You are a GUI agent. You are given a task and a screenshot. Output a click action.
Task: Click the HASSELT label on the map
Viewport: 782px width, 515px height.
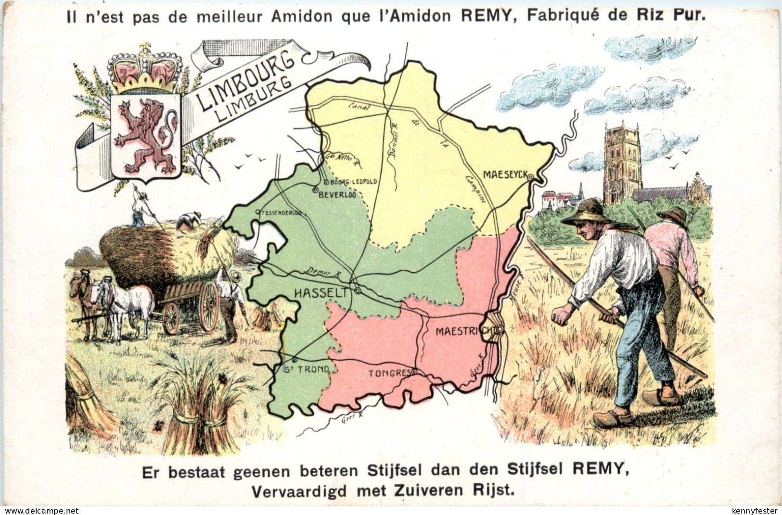[x=320, y=293]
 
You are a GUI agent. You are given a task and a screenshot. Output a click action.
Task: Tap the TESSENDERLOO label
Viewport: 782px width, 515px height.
[x=282, y=212]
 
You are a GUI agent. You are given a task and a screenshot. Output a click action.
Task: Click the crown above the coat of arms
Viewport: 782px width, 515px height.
[x=145, y=70]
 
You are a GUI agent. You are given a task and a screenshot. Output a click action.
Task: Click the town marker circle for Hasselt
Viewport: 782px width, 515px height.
[x=358, y=290]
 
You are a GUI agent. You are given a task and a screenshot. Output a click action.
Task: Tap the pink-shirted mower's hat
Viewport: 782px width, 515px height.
[x=673, y=214]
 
